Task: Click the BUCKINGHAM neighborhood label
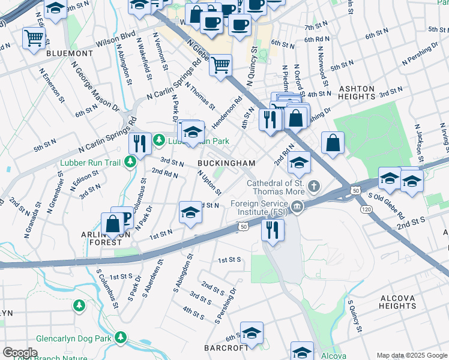coord(227,163)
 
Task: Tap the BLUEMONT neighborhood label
coord(70,53)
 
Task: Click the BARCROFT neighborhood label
coord(226,348)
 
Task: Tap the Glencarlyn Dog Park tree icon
coord(122,338)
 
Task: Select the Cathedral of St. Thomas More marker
coord(313,187)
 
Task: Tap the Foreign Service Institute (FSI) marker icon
coord(297,208)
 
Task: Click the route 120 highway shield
coord(365,208)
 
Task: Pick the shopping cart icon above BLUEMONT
coord(34,37)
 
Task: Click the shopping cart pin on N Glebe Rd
coord(221,64)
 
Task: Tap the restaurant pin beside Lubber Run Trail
coord(140,143)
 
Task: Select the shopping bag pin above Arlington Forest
coord(112,223)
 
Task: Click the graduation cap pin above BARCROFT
coord(252,332)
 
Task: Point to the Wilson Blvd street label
coord(119,35)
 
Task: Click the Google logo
coord(20,353)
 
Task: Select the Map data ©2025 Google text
coord(412,355)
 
